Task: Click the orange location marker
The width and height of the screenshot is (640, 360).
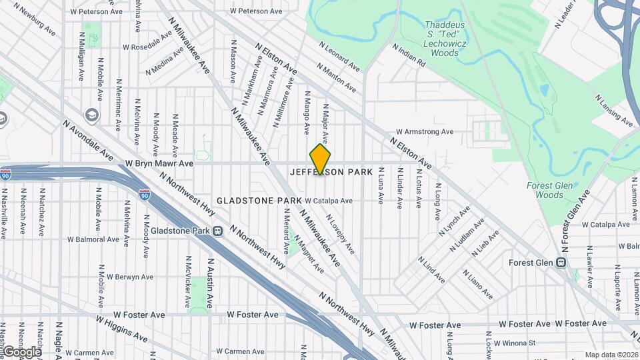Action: (x=321, y=159)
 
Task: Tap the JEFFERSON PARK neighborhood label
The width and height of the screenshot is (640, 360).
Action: (x=331, y=172)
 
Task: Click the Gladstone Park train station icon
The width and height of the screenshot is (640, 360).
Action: (x=217, y=231)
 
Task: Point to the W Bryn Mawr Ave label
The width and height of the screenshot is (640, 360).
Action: (x=159, y=163)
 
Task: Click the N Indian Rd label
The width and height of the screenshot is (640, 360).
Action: (x=409, y=56)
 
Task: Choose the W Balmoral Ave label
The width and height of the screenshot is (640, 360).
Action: (x=95, y=239)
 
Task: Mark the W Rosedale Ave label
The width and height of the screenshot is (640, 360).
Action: (x=151, y=47)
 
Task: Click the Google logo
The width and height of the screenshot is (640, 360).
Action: (x=21, y=351)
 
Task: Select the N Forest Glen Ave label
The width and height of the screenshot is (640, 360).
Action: (x=575, y=221)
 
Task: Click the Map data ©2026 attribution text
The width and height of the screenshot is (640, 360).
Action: (x=611, y=355)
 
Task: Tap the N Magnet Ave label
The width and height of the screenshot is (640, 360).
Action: (x=309, y=257)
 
